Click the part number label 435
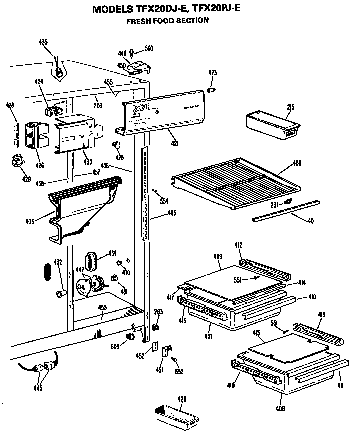pos(43,42)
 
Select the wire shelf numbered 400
pos(235,183)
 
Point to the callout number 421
pos(175,145)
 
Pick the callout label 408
pos(281,409)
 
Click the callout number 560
pos(149,49)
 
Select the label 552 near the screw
pos(179,371)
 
